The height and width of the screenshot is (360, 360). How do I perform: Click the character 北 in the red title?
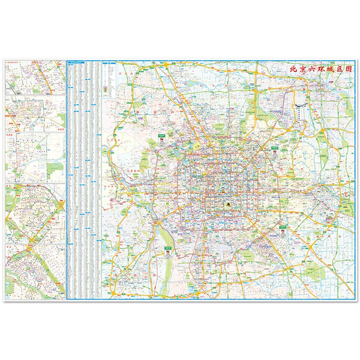292,69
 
